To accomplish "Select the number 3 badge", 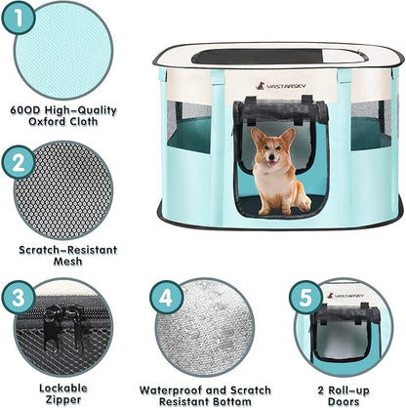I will [x=20, y=295].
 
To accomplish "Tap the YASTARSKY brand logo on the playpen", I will [x=281, y=86].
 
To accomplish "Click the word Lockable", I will [x=63, y=387].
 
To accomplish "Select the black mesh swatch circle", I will [x=64, y=191].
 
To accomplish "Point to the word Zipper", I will [x=63, y=398].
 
